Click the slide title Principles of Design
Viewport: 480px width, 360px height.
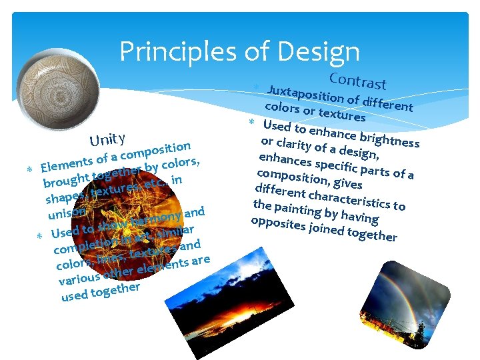[x=239, y=51]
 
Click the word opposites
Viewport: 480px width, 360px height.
[x=275, y=223]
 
